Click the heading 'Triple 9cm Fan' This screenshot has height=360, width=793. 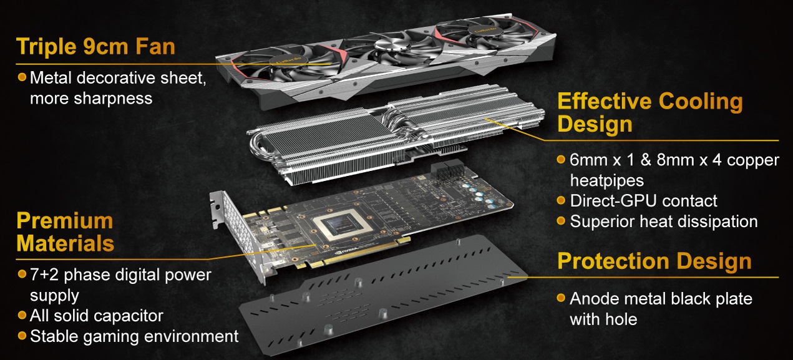pos(95,47)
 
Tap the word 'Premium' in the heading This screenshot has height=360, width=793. pos(65,221)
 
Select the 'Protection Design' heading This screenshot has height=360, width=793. pos(654,261)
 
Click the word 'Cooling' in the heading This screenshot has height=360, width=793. pos(701,101)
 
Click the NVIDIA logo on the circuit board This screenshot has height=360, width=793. pos(346,253)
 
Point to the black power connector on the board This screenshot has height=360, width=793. pos(450,170)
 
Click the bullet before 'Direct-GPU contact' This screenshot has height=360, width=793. pos(561,200)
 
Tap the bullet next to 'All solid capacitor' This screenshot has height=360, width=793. pos(22,315)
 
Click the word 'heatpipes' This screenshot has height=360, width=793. pos(607,181)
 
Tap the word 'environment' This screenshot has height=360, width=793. pos(191,336)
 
